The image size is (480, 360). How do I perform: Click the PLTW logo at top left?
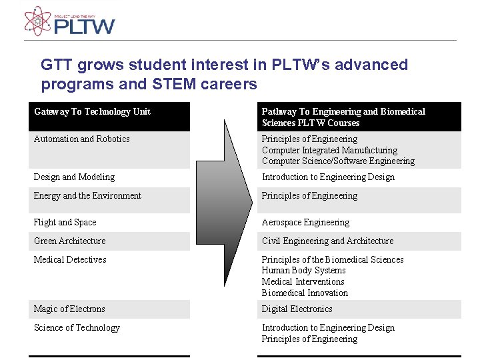[69, 21]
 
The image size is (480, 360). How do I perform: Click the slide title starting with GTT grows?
[224, 74]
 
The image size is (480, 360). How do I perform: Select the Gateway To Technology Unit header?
[92, 111]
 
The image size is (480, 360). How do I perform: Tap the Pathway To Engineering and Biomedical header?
[343, 117]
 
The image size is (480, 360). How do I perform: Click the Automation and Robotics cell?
[81, 139]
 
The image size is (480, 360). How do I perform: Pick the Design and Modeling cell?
[74, 177]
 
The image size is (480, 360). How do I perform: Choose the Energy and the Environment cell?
[87, 195]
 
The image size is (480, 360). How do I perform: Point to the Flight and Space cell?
[65, 222]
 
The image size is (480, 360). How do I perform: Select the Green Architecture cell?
[69, 241]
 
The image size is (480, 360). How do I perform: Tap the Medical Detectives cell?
[70, 259]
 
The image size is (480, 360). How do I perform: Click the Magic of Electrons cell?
[69, 309]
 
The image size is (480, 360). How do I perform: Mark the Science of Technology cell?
[77, 327]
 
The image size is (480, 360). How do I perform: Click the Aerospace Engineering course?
[305, 222]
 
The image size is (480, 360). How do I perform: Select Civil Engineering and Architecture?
[327, 241]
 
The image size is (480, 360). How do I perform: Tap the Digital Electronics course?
[297, 309]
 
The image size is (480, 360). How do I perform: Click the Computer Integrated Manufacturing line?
[329, 150]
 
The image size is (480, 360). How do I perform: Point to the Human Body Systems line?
[303, 270]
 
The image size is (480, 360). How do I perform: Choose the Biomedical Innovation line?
[305, 293]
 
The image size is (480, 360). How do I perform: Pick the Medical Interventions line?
[303, 281]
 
